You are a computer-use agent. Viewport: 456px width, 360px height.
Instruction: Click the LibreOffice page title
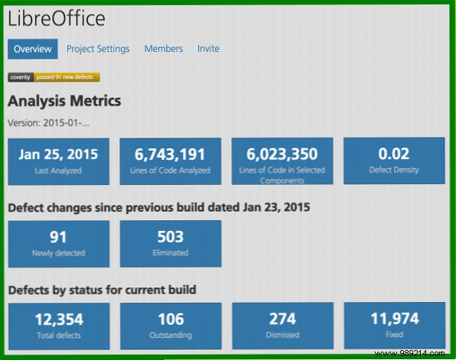(x=57, y=18)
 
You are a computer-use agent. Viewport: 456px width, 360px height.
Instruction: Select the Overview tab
(x=33, y=49)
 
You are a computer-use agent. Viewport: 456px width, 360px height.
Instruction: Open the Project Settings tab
(x=98, y=49)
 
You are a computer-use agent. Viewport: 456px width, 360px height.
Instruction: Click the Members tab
(x=164, y=49)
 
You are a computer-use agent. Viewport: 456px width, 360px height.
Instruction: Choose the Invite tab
(x=208, y=49)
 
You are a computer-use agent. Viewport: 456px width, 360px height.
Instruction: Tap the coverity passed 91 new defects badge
(x=54, y=77)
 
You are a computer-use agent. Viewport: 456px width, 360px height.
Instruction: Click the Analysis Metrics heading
(x=64, y=100)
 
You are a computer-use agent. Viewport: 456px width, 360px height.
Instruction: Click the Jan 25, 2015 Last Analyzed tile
(x=58, y=161)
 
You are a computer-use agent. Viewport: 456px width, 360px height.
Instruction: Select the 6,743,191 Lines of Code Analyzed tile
(x=171, y=161)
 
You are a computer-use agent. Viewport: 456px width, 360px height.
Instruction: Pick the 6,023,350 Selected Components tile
(x=282, y=161)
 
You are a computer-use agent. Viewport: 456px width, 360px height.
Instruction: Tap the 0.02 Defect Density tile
(x=394, y=161)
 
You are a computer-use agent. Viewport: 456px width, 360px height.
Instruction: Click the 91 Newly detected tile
(x=58, y=243)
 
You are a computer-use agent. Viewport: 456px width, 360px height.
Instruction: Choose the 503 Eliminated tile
(x=171, y=243)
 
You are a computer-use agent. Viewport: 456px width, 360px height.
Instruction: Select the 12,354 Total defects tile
(x=58, y=326)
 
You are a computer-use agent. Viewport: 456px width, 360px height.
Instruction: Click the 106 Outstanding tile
(x=171, y=326)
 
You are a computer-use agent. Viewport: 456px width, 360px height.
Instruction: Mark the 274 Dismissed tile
(x=282, y=326)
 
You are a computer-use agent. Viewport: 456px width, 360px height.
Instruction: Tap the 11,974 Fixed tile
(x=394, y=326)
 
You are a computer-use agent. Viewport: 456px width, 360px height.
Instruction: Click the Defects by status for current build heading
(x=102, y=290)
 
